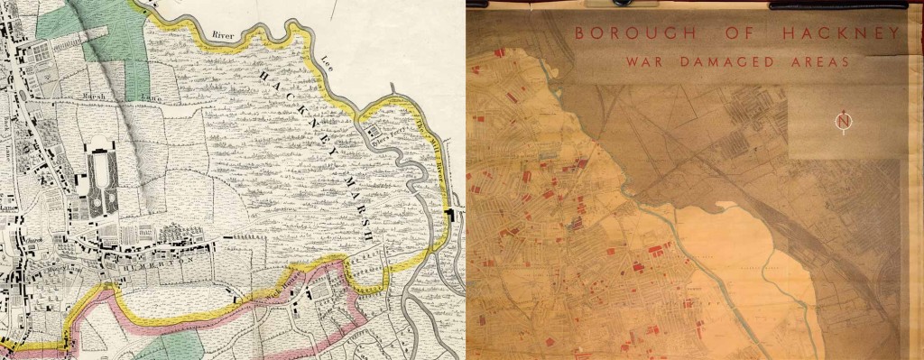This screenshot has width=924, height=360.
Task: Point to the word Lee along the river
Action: coord(328,62)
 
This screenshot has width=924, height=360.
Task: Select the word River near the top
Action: coord(222,34)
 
